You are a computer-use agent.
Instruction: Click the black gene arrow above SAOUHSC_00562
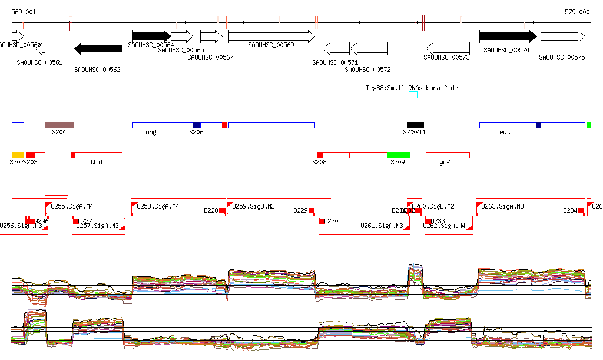click(x=98, y=48)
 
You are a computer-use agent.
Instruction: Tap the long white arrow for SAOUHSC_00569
click(x=271, y=37)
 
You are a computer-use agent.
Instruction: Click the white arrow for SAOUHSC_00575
click(x=562, y=37)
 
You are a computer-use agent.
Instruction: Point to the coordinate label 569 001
click(x=24, y=12)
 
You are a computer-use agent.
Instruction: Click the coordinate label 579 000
click(x=577, y=12)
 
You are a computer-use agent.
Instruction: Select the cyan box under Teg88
click(x=413, y=95)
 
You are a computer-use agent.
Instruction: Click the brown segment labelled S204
click(x=59, y=125)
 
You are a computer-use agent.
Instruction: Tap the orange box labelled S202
click(x=17, y=155)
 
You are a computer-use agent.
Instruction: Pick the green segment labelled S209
click(x=398, y=155)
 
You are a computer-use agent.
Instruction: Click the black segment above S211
click(x=415, y=125)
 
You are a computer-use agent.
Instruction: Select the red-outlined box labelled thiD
click(x=97, y=155)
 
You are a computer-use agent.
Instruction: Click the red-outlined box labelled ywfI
click(x=448, y=155)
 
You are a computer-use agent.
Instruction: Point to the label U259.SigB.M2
click(x=254, y=207)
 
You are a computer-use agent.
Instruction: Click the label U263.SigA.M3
click(x=503, y=207)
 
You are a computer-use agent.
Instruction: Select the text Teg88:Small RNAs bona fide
click(x=412, y=88)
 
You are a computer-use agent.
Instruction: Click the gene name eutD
click(x=506, y=133)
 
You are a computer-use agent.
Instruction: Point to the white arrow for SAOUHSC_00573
click(x=448, y=48)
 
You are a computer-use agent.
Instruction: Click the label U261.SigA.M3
click(x=382, y=226)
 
